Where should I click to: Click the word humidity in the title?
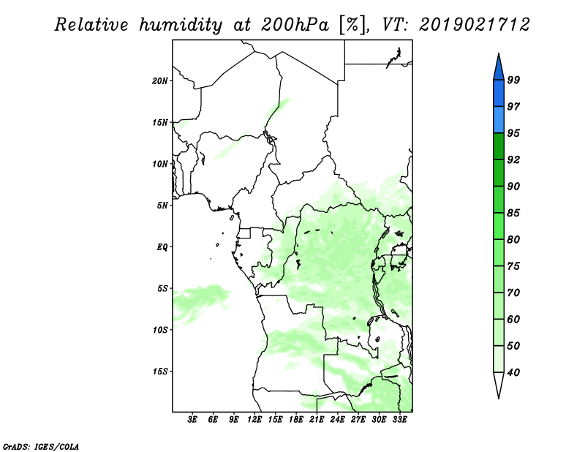[x=181, y=26]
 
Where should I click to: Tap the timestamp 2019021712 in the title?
[x=474, y=25]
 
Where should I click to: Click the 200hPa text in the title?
[x=295, y=25]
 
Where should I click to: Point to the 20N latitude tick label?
[x=159, y=81]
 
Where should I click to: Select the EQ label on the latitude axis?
[x=162, y=247]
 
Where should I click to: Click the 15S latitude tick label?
[x=160, y=372]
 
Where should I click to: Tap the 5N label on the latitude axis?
[x=162, y=206]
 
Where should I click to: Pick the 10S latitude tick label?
[x=160, y=330]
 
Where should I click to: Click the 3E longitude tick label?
[x=192, y=420]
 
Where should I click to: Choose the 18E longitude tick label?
[x=296, y=420]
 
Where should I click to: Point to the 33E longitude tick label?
[x=399, y=420]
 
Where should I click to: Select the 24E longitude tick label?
[x=337, y=420]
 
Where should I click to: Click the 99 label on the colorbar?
[x=513, y=80]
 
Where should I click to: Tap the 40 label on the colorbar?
[x=513, y=372]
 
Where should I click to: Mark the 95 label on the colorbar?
[x=513, y=133]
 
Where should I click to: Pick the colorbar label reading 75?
[x=513, y=266]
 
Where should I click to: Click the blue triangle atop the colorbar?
[x=499, y=69]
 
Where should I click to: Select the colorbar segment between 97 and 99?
[x=499, y=94]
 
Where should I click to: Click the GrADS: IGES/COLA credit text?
[x=41, y=447]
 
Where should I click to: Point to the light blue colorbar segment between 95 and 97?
[x=499, y=120]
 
